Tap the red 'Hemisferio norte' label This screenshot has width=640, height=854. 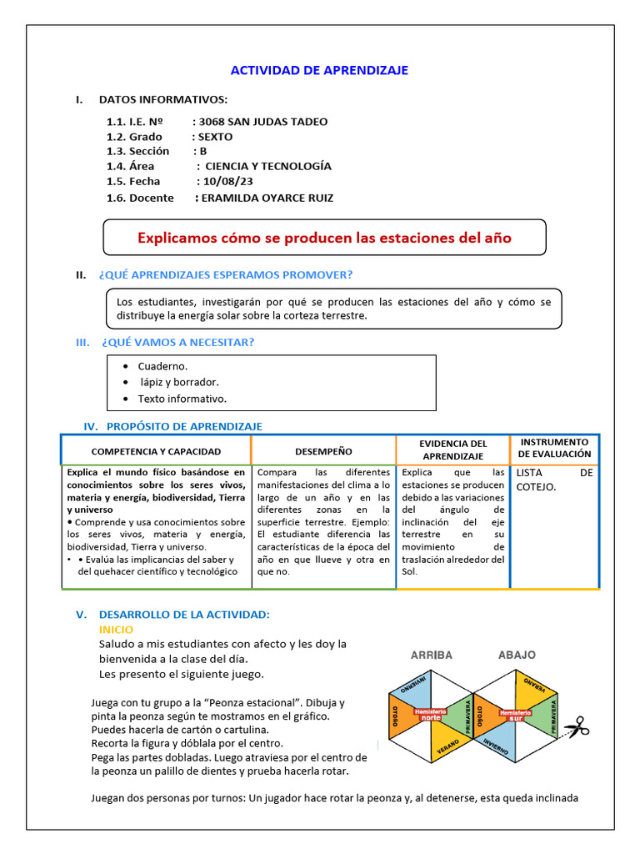(x=430, y=714)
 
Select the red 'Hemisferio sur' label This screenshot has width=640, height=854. (x=516, y=714)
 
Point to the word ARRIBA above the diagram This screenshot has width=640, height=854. (x=431, y=655)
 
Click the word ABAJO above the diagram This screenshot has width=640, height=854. (x=517, y=655)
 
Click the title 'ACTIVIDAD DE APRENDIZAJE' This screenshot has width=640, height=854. (x=319, y=70)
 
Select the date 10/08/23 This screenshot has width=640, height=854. (x=225, y=181)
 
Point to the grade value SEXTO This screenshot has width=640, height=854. (x=215, y=136)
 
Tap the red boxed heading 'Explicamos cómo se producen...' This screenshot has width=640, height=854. (x=324, y=238)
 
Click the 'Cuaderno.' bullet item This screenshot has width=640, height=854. (x=162, y=365)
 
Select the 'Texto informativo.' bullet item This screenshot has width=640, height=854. (x=182, y=399)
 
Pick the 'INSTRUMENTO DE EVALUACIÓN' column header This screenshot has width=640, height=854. (x=554, y=448)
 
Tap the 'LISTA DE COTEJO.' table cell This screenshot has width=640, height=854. (x=553, y=479)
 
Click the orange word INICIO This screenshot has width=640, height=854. (x=116, y=629)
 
